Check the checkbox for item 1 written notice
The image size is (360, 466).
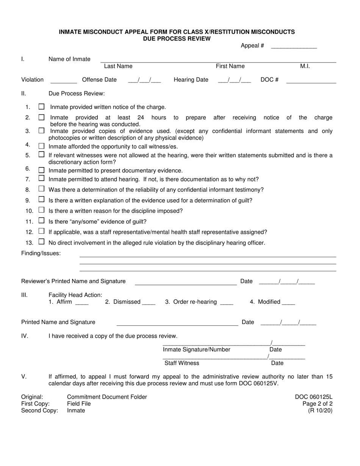[42, 107]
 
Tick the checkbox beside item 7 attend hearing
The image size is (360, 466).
[42, 178]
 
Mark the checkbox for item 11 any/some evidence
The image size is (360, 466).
[42, 220]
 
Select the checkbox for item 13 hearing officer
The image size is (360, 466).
[42, 241]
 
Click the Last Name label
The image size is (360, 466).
[118, 66]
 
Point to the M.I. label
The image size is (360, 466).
[305, 66]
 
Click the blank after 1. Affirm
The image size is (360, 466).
[82, 302]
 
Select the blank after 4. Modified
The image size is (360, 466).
[288, 302]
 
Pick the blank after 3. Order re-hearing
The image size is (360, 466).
[227, 302]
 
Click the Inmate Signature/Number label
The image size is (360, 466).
[197, 350]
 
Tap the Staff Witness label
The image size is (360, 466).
[182, 363]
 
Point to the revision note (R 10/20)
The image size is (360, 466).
[320, 411]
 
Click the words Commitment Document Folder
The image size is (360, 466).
[107, 397]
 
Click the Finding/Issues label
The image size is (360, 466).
[41, 253]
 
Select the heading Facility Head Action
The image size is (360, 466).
[75, 295]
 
